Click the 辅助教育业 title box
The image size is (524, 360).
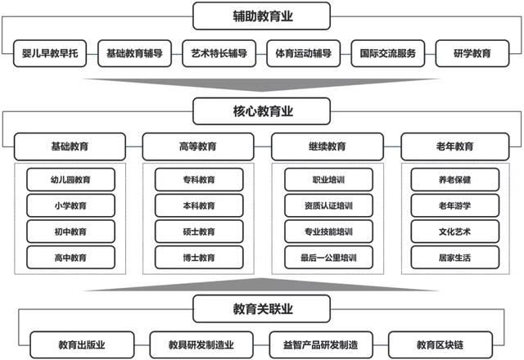pyautogui.click(x=262, y=16)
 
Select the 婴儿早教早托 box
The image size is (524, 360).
pyautogui.click(x=50, y=53)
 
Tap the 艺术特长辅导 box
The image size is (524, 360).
pyautogui.click(x=219, y=53)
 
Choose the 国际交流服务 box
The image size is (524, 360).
pyautogui.click(x=387, y=53)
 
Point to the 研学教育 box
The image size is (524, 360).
pyautogui.click(x=472, y=53)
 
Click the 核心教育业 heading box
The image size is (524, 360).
pyautogui.click(x=262, y=111)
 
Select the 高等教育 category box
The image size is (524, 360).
pyautogui.click(x=198, y=146)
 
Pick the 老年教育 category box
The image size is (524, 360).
pyautogui.click(x=455, y=146)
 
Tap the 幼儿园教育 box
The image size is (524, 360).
pyautogui.click(x=70, y=180)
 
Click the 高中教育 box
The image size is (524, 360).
pyautogui.click(x=70, y=258)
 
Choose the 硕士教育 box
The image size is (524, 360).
pyautogui.click(x=199, y=232)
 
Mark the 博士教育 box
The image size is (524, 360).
pyautogui.click(x=199, y=258)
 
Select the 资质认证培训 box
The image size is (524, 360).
pyautogui.click(x=328, y=205)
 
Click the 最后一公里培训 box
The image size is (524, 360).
pyautogui.click(x=328, y=258)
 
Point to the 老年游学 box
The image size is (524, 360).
pyautogui.click(x=455, y=205)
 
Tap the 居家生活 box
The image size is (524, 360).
pyautogui.click(x=455, y=258)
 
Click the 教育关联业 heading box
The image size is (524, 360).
pyautogui.click(x=262, y=309)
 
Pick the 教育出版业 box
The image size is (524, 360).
pyautogui.click(x=82, y=345)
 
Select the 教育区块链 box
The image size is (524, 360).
pyautogui.click(x=440, y=345)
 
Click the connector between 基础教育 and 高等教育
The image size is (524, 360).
pyautogui.click(x=134, y=146)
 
